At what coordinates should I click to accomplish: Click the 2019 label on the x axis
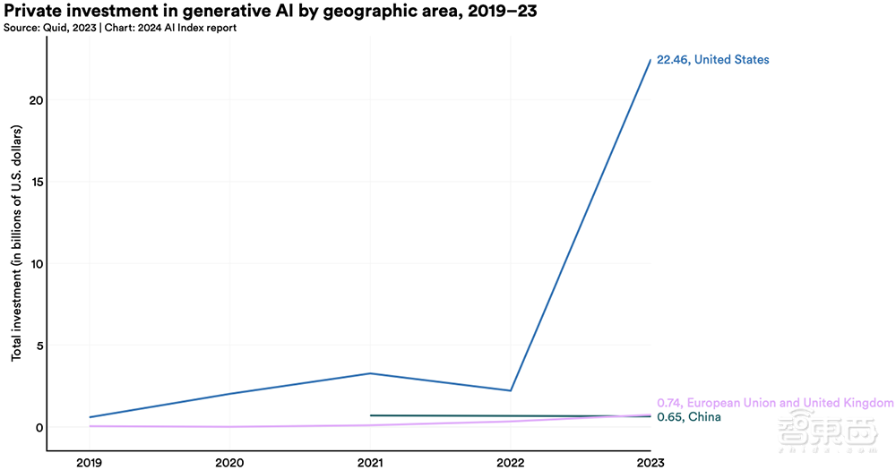point(90,462)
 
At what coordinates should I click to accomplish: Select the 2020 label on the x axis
point(230,462)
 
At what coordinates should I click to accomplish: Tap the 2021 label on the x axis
point(370,462)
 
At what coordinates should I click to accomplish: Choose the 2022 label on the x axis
point(511,462)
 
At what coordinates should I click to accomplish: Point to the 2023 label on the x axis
point(650,462)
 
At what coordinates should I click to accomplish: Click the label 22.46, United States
point(713,60)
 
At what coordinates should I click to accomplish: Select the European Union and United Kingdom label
point(775,403)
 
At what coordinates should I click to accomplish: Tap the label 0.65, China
point(688,417)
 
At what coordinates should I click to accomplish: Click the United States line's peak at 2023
point(650,60)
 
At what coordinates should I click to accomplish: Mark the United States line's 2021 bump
point(370,373)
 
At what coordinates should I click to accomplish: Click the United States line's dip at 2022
point(511,390)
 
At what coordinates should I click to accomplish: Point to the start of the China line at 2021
point(371,415)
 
